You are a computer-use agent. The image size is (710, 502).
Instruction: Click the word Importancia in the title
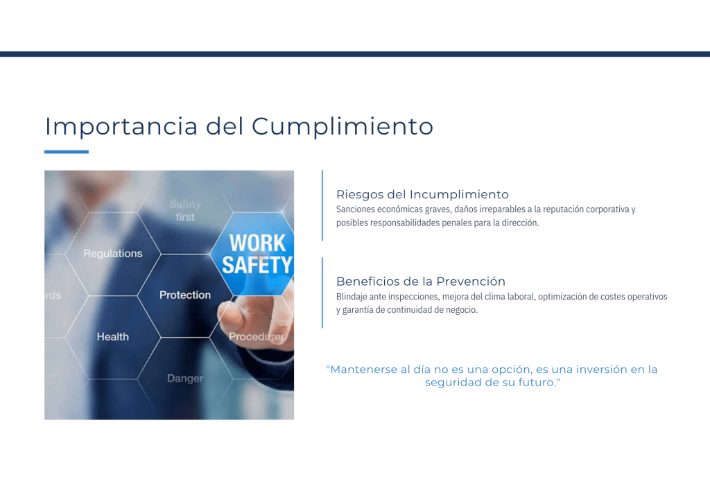point(121,127)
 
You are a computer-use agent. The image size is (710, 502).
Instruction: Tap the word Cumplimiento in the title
point(343,127)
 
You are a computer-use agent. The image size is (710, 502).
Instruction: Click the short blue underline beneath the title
point(67,152)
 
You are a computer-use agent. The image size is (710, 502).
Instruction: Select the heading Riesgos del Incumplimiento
point(422,195)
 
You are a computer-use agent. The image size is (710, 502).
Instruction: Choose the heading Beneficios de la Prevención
point(421,282)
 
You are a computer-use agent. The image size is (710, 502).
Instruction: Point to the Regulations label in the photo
point(113,254)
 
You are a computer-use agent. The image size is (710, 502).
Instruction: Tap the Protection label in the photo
point(185,295)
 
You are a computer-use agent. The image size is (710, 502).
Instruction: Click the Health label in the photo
point(113,337)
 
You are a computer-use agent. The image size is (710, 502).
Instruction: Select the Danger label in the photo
point(185,379)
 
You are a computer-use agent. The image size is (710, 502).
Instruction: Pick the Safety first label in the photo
point(185,211)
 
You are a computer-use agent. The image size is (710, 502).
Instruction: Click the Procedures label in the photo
point(257,337)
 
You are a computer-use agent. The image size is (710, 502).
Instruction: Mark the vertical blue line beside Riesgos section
point(322,205)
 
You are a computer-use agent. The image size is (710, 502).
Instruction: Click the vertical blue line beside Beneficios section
point(322,293)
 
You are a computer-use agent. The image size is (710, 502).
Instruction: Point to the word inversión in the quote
point(601,370)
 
